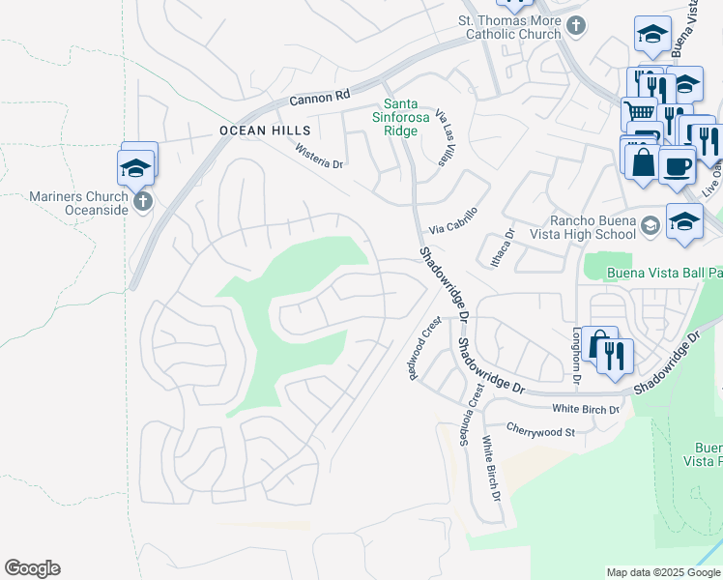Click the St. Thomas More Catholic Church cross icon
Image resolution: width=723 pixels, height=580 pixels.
coord(576,26)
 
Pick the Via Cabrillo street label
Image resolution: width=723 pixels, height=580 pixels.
coord(453,221)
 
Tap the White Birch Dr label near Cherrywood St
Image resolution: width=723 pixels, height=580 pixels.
coord(492,469)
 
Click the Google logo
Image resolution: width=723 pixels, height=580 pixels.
coord(32,568)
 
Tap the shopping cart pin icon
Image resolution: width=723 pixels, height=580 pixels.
coord(638,112)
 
